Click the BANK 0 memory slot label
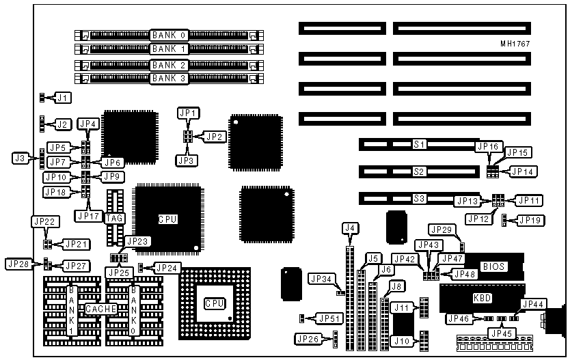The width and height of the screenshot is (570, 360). tap(169, 33)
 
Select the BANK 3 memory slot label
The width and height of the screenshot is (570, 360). tap(169, 79)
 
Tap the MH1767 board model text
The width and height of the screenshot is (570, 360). tap(515, 44)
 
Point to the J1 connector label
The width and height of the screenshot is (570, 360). tap(62, 98)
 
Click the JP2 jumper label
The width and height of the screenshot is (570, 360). tap(215, 137)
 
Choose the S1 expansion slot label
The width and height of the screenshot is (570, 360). tap(419, 145)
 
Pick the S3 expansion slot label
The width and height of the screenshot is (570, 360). tap(419, 199)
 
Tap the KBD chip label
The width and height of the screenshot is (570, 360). tap(482, 299)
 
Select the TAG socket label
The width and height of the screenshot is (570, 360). tap(115, 219)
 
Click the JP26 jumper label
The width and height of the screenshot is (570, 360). tap(308, 338)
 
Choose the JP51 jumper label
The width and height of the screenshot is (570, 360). tap(331, 318)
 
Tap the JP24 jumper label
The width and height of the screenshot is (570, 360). tap(166, 268)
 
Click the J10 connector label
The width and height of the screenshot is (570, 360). tap(403, 340)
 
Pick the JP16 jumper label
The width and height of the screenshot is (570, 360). tap(488, 147)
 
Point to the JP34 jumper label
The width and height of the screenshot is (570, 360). tap(321, 279)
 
